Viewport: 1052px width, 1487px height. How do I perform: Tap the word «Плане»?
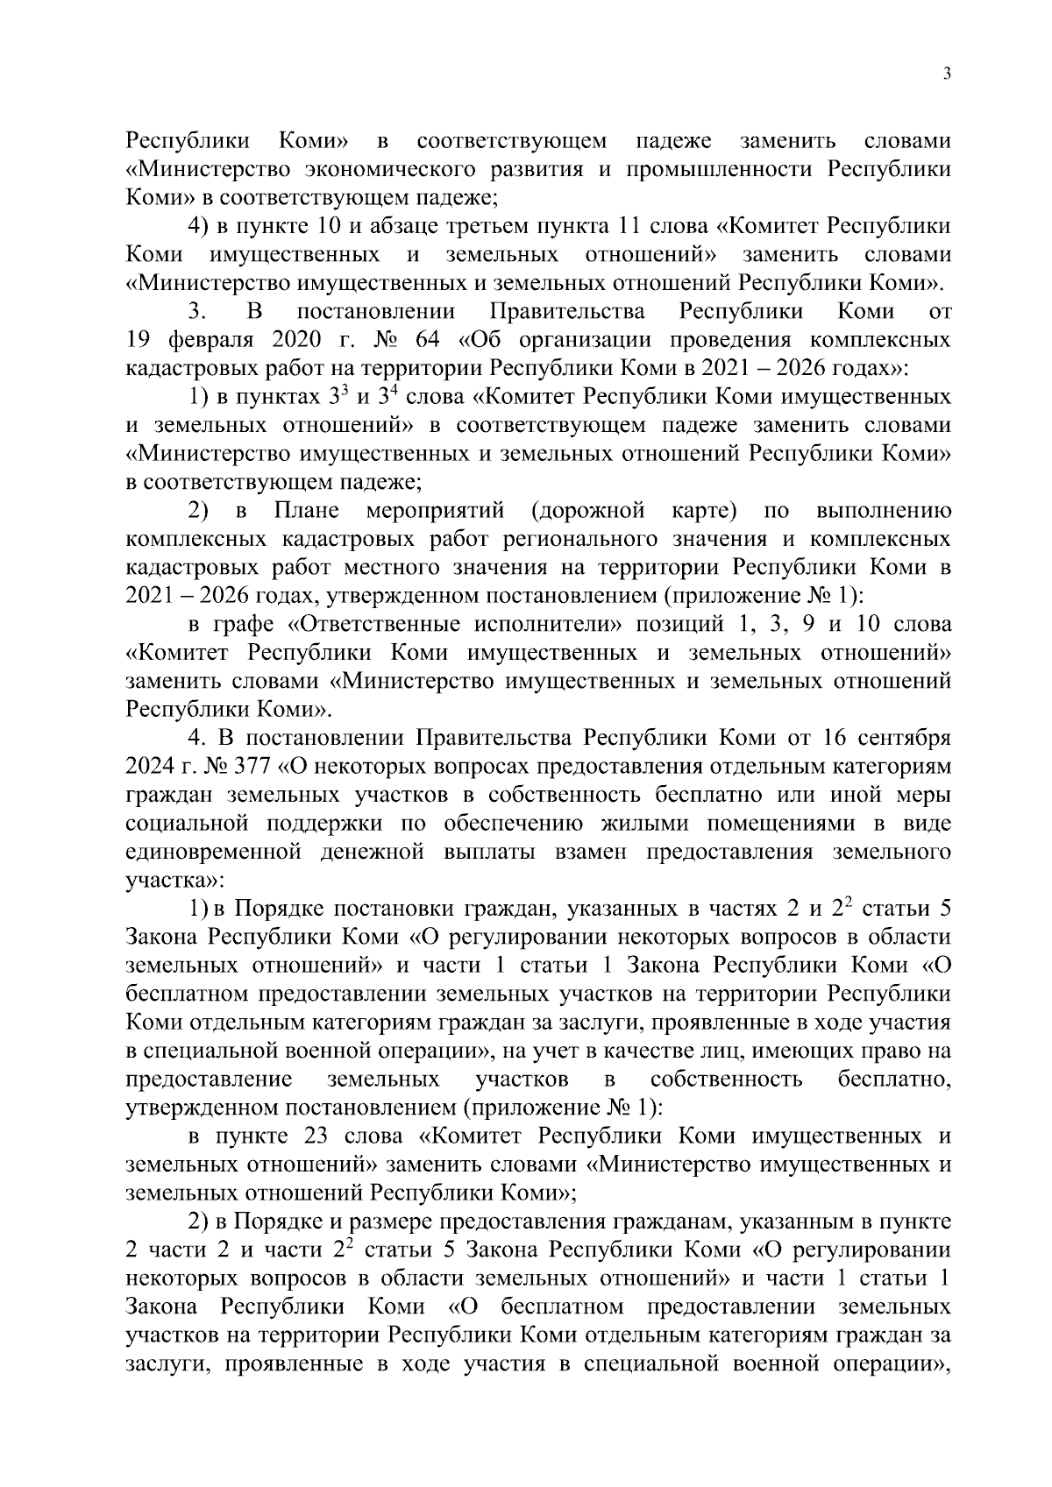[307, 510]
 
